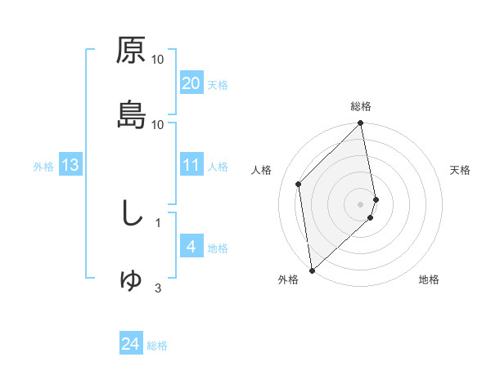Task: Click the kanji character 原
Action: (131, 51)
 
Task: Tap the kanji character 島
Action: (131, 114)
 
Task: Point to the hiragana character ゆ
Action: (131, 279)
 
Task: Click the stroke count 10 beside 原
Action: (158, 60)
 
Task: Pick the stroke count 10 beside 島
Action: (158, 124)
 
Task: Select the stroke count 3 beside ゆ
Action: (158, 288)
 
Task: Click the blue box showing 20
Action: (191, 83)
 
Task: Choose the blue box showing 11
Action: (191, 165)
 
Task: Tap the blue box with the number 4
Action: (191, 247)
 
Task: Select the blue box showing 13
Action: (70, 165)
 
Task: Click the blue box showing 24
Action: (131, 344)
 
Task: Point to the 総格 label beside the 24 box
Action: (158, 346)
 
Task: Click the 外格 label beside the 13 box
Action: (43, 167)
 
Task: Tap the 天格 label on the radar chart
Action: (460, 170)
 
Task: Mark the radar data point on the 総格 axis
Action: (361, 124)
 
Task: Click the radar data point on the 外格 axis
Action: (312, 270)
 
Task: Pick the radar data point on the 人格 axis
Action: (299, 184)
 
